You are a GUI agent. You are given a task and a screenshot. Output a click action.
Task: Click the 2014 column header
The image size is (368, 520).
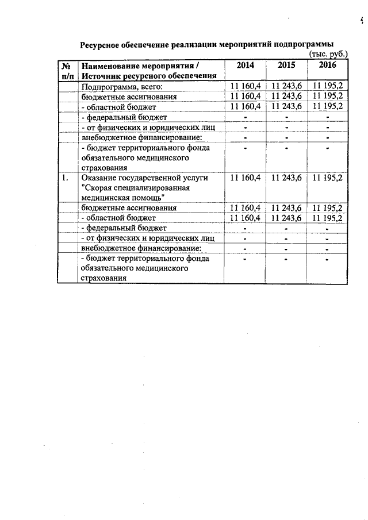[245, 66]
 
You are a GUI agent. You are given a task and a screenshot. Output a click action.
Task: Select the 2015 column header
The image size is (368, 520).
[286, 66]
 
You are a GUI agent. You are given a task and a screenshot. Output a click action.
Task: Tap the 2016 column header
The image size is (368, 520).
[327, 66]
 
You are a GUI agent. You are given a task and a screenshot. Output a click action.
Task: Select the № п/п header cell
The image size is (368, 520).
[67, 71]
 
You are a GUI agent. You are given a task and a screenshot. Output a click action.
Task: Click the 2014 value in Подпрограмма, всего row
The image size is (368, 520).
[245, 86]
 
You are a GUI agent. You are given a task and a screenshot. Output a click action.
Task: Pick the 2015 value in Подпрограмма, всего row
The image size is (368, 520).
[286, 86]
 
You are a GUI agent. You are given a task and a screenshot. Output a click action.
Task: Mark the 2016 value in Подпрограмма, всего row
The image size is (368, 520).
[328, 86]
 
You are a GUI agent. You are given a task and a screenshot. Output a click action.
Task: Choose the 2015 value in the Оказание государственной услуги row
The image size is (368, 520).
[286, 178]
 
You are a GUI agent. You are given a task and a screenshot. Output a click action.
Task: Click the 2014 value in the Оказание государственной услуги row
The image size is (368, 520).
[245, 178]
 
